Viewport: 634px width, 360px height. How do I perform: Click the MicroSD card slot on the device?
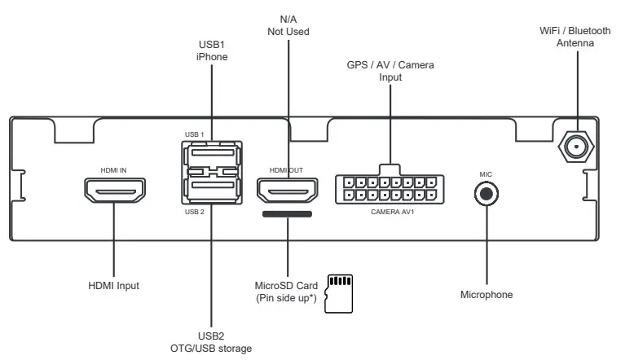tap(287, 214)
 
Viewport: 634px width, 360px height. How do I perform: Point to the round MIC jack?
tap(486, 194)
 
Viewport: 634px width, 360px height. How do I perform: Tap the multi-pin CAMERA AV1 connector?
tap(390, 189)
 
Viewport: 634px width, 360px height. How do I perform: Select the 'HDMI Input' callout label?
tap(114, 286)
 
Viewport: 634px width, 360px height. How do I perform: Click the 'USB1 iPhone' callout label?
tap(211, 50)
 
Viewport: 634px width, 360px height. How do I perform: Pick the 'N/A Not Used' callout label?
tap(288, 24)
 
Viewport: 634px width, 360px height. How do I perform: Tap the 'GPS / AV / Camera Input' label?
tap(390, 71)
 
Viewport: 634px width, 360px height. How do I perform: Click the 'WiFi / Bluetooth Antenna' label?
tap(575, 37)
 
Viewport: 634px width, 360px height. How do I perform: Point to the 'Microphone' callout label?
tap(487, 295)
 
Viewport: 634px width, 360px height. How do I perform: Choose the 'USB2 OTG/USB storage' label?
tap(211, 342)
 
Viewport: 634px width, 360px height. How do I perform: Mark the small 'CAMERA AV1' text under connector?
tap(390, 212)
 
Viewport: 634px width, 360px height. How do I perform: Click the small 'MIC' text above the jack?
tap(486, 173)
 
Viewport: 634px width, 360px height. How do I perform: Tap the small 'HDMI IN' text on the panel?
tap(113, 170)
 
